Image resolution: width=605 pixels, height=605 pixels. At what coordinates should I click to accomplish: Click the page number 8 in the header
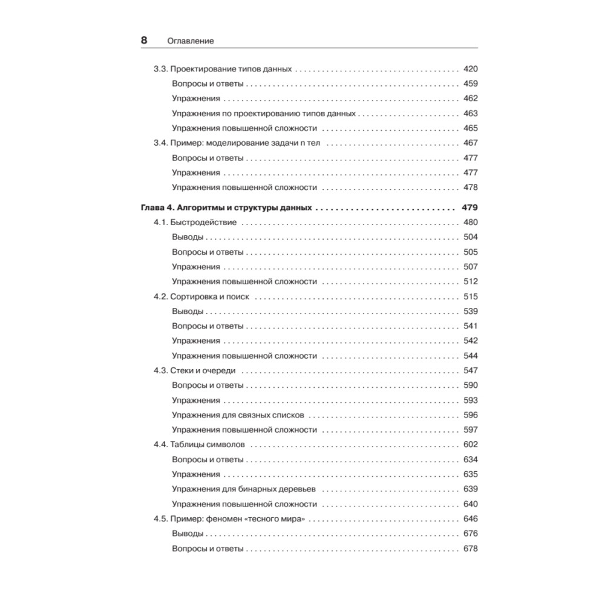(144, 41)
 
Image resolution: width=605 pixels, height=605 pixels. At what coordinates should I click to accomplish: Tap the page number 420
(470, 69)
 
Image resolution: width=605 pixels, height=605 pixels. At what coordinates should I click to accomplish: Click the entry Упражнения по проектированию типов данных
(264, 113)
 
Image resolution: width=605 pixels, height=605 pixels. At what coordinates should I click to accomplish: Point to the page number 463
(470, 113)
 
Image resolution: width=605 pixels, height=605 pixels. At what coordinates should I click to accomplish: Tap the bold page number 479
(469, 208)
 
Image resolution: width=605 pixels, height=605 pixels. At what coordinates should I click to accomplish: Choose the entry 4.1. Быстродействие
(195, 223)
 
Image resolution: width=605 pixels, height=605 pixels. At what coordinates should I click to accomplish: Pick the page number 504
(470, 237)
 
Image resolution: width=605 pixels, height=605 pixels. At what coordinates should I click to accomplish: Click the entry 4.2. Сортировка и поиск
(201, 296)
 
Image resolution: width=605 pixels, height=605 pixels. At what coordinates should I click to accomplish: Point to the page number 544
(470, 356)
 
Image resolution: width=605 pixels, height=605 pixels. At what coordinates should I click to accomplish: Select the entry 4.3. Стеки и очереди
(195, 370)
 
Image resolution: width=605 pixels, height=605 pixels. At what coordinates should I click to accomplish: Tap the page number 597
(470, 430)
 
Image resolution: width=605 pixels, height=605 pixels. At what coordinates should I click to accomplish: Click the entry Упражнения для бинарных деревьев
(245, 489)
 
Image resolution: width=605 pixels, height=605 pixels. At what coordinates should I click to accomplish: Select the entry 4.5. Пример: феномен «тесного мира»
(229, 518)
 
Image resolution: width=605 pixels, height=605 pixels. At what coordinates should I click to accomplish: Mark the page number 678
(470, 548)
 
